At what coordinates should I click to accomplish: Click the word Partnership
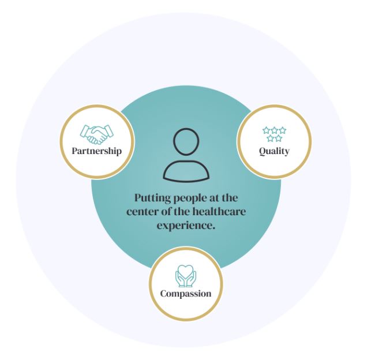(x=97, y=151)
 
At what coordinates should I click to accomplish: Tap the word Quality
(x=274, y=151)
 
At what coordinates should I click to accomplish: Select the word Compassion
(x=186, y=293)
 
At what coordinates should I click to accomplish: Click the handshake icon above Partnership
(x=97, y=134)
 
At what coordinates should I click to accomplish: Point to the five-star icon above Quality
(x=274, y=134)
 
